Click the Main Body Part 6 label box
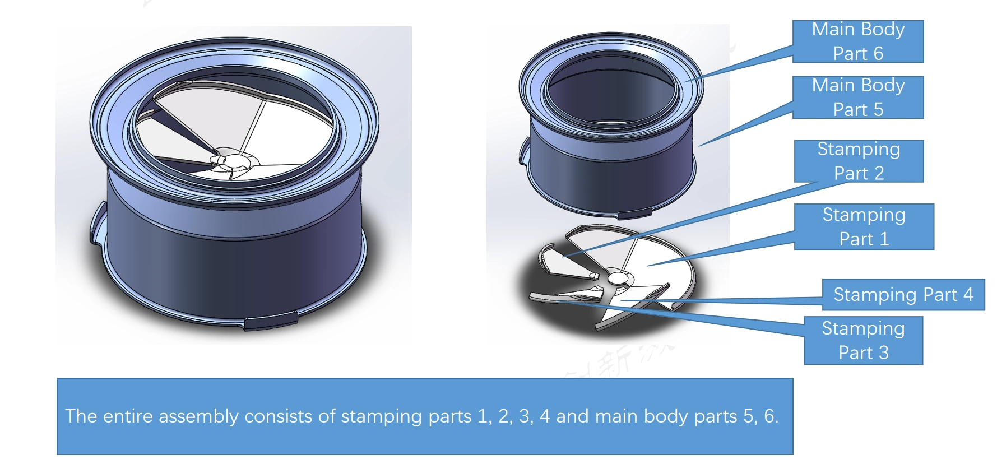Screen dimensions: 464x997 (x=857, y=41)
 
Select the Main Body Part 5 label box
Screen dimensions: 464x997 (x=857, y=98)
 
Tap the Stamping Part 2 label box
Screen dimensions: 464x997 (x=859, y=161)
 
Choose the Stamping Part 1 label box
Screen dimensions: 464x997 (x=864, y=227)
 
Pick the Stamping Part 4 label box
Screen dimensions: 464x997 (x=903, y=295)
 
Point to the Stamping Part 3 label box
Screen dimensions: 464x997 (x=863, y=341)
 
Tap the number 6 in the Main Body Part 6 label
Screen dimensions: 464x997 (x=878, y=54)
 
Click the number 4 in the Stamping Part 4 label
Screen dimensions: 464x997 (x=968, y=295)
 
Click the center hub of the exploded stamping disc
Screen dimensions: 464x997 (x=617, y=277)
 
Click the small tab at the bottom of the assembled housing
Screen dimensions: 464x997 (x=271, y=321)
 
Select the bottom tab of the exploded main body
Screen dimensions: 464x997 (x=634, y=213)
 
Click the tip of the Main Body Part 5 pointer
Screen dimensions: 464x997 (x=700, y=146)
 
